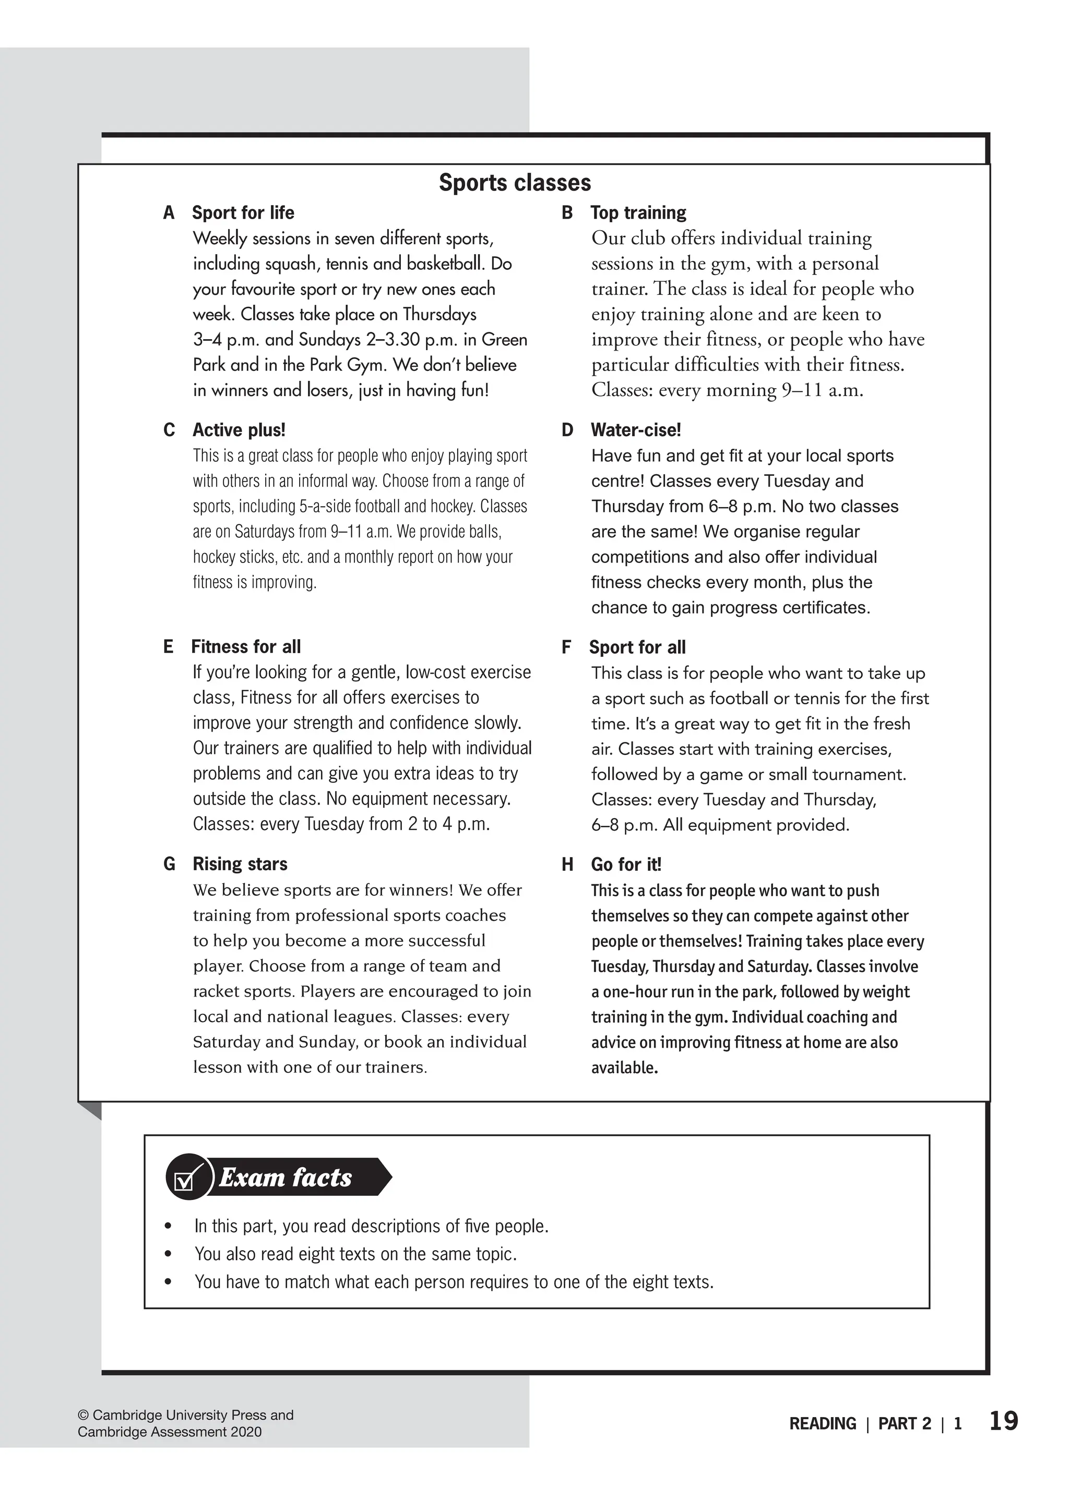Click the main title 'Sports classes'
coord(515,183)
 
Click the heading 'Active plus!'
coord(239,430)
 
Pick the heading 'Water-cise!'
coord(635,430)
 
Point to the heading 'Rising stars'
coord(240,864)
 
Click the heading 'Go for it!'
coord(625,864)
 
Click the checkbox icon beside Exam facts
coord(187,1177)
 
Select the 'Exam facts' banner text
coord(285,1177)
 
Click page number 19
coord(1003,1421)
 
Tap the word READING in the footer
coord(823,1423)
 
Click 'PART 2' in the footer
coord(905,1423)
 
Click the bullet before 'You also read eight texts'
coord(169,1254)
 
